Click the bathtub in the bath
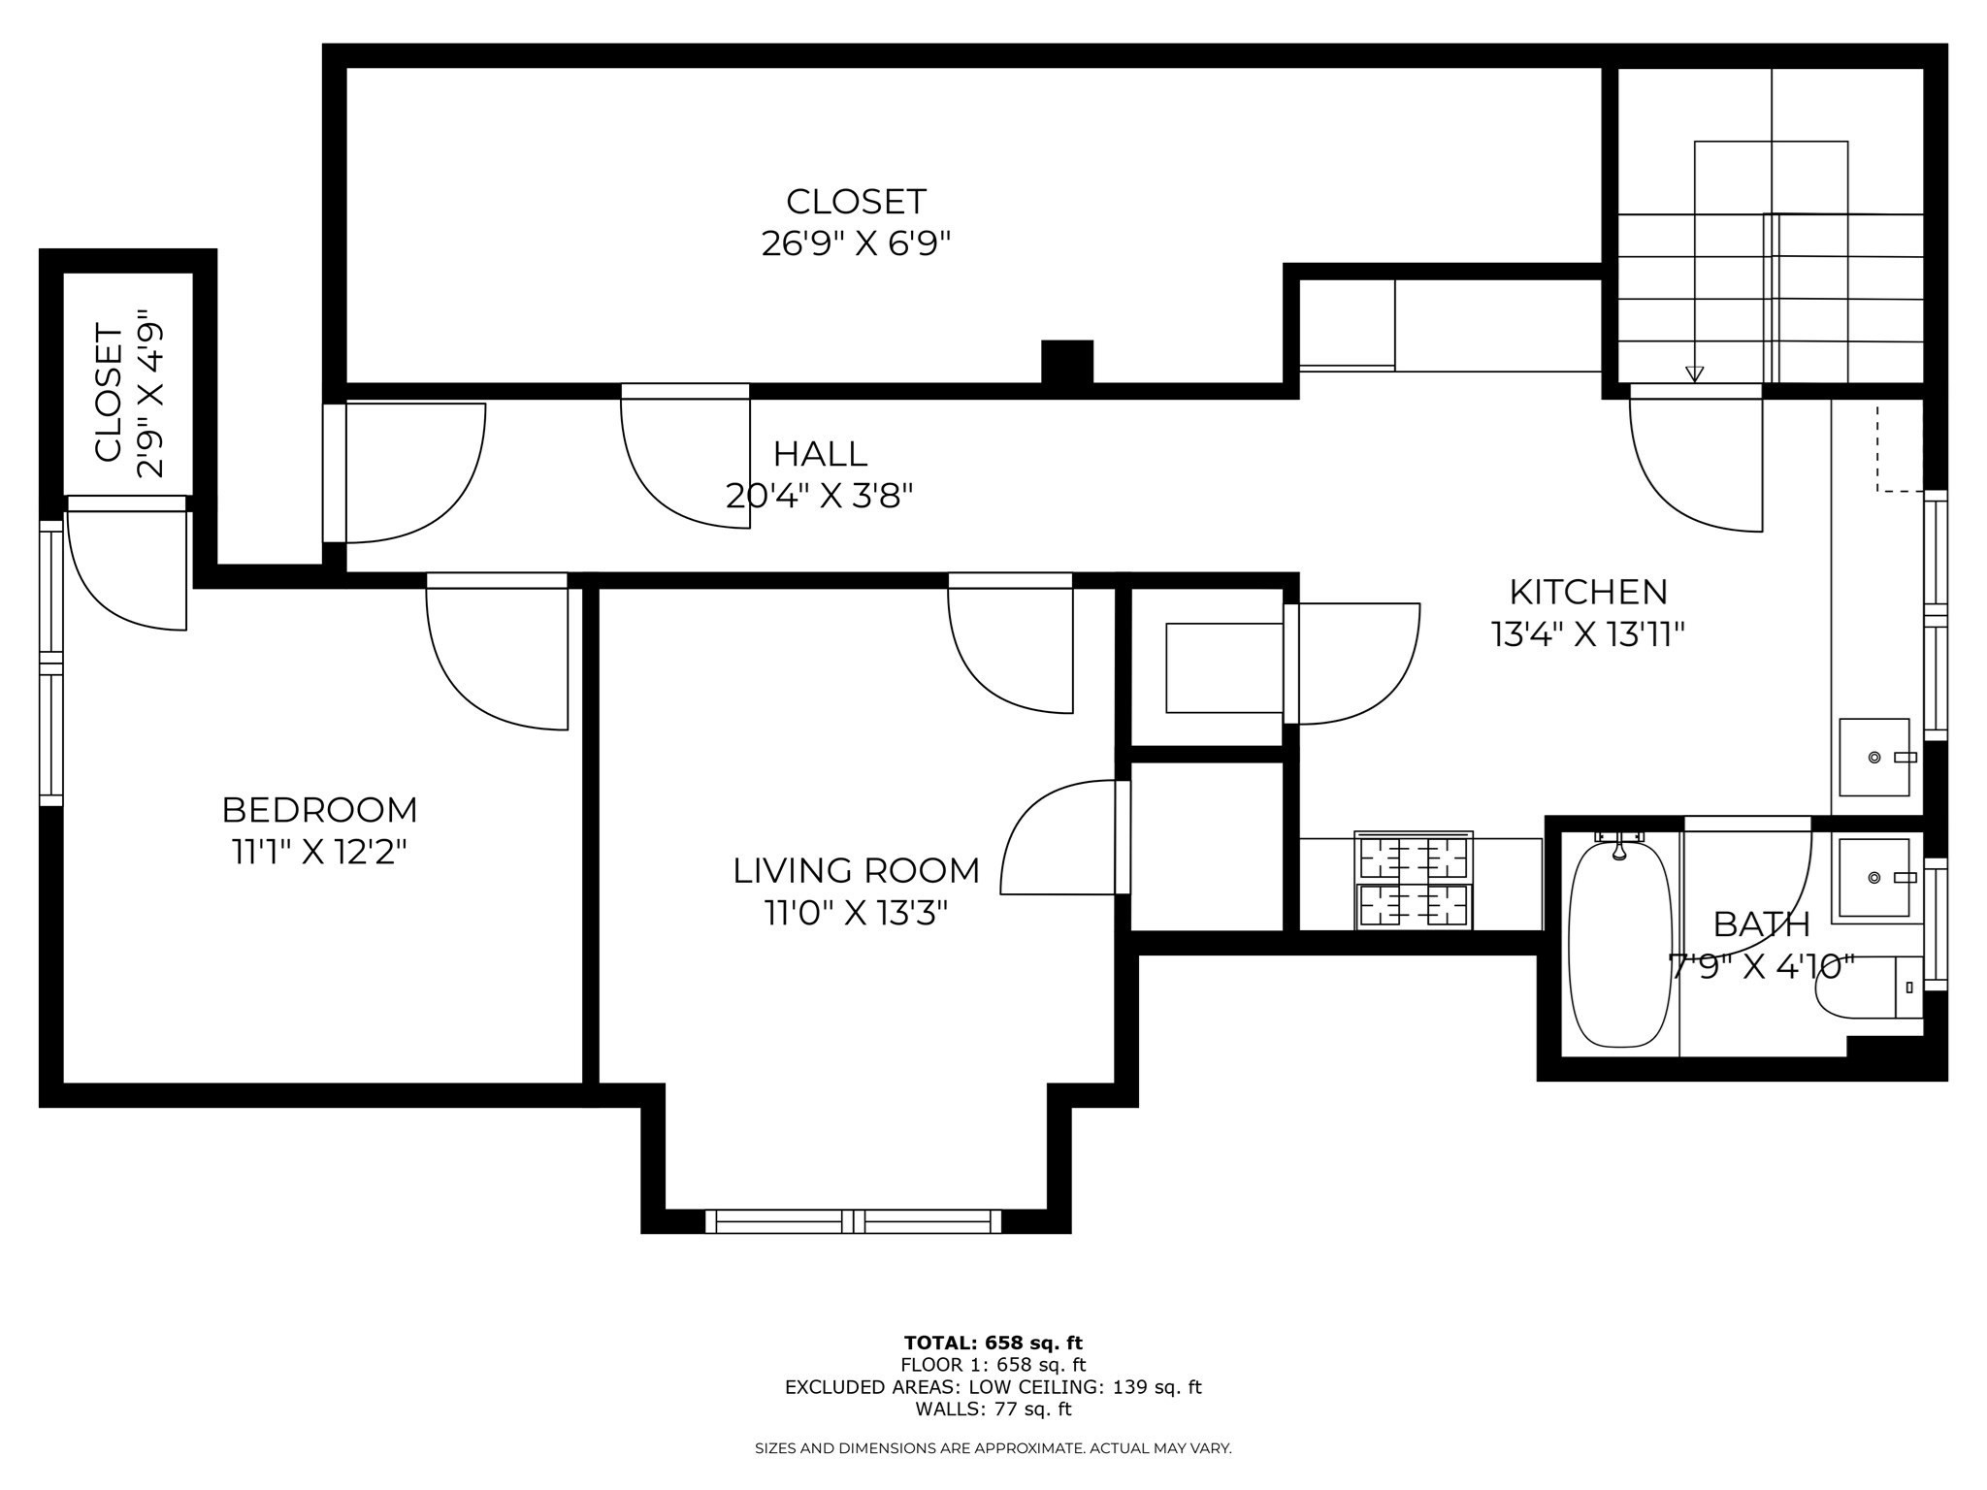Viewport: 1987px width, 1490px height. (x=1620, y=944)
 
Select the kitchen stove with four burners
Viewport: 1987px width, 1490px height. (x=1415, y=881)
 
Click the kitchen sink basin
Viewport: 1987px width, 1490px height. (x=1874, y=758)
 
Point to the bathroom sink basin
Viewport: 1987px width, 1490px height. (x=1872, y=877)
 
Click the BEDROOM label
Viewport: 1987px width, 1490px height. (x=319, y=809)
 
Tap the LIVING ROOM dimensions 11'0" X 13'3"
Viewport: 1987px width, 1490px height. (x=855, y=914)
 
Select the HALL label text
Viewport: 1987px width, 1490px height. (x=820, y=454)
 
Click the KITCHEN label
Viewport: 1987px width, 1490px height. (x=1587, y=592)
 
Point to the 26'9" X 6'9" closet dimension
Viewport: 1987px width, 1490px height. (x=855, y=243)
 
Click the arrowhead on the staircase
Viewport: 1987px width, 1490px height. (x=1694, y=373)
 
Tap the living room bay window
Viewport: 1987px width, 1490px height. (x=853, y=1220)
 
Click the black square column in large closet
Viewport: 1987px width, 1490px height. (x=1067, y=363)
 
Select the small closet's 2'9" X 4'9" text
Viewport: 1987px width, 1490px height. (x=150, y=394)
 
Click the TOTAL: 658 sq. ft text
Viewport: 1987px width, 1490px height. (x=993, y=1344)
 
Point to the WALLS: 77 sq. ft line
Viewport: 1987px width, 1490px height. (x=993, y=1409)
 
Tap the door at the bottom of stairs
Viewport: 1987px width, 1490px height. (x=1696, y=461)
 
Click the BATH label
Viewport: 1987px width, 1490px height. (x=1761, y=924)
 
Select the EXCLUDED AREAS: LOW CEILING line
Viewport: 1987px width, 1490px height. (x=993, y=1387)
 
